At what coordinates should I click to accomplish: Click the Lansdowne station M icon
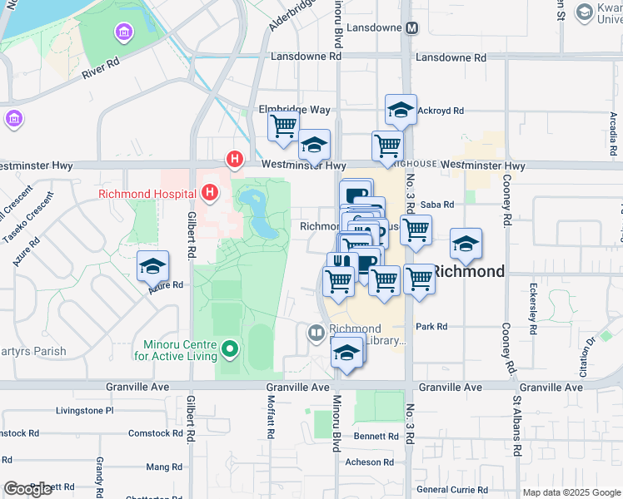pos(411,27)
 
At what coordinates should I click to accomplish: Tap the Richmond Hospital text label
pos(147,194)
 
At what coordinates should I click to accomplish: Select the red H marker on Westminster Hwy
pos(236,158)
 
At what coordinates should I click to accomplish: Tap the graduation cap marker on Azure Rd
pos(153,267)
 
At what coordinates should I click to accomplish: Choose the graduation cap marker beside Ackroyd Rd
pos(401,110)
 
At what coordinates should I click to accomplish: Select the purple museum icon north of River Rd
pos(124,32)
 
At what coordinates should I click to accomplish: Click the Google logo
pos(27,489)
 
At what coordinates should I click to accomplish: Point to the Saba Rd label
pos(437,205)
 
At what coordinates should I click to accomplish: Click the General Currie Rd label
pos(451,490)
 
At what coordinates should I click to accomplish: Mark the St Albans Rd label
pos(516,426)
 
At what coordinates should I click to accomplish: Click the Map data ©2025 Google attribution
pos(571,492)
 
